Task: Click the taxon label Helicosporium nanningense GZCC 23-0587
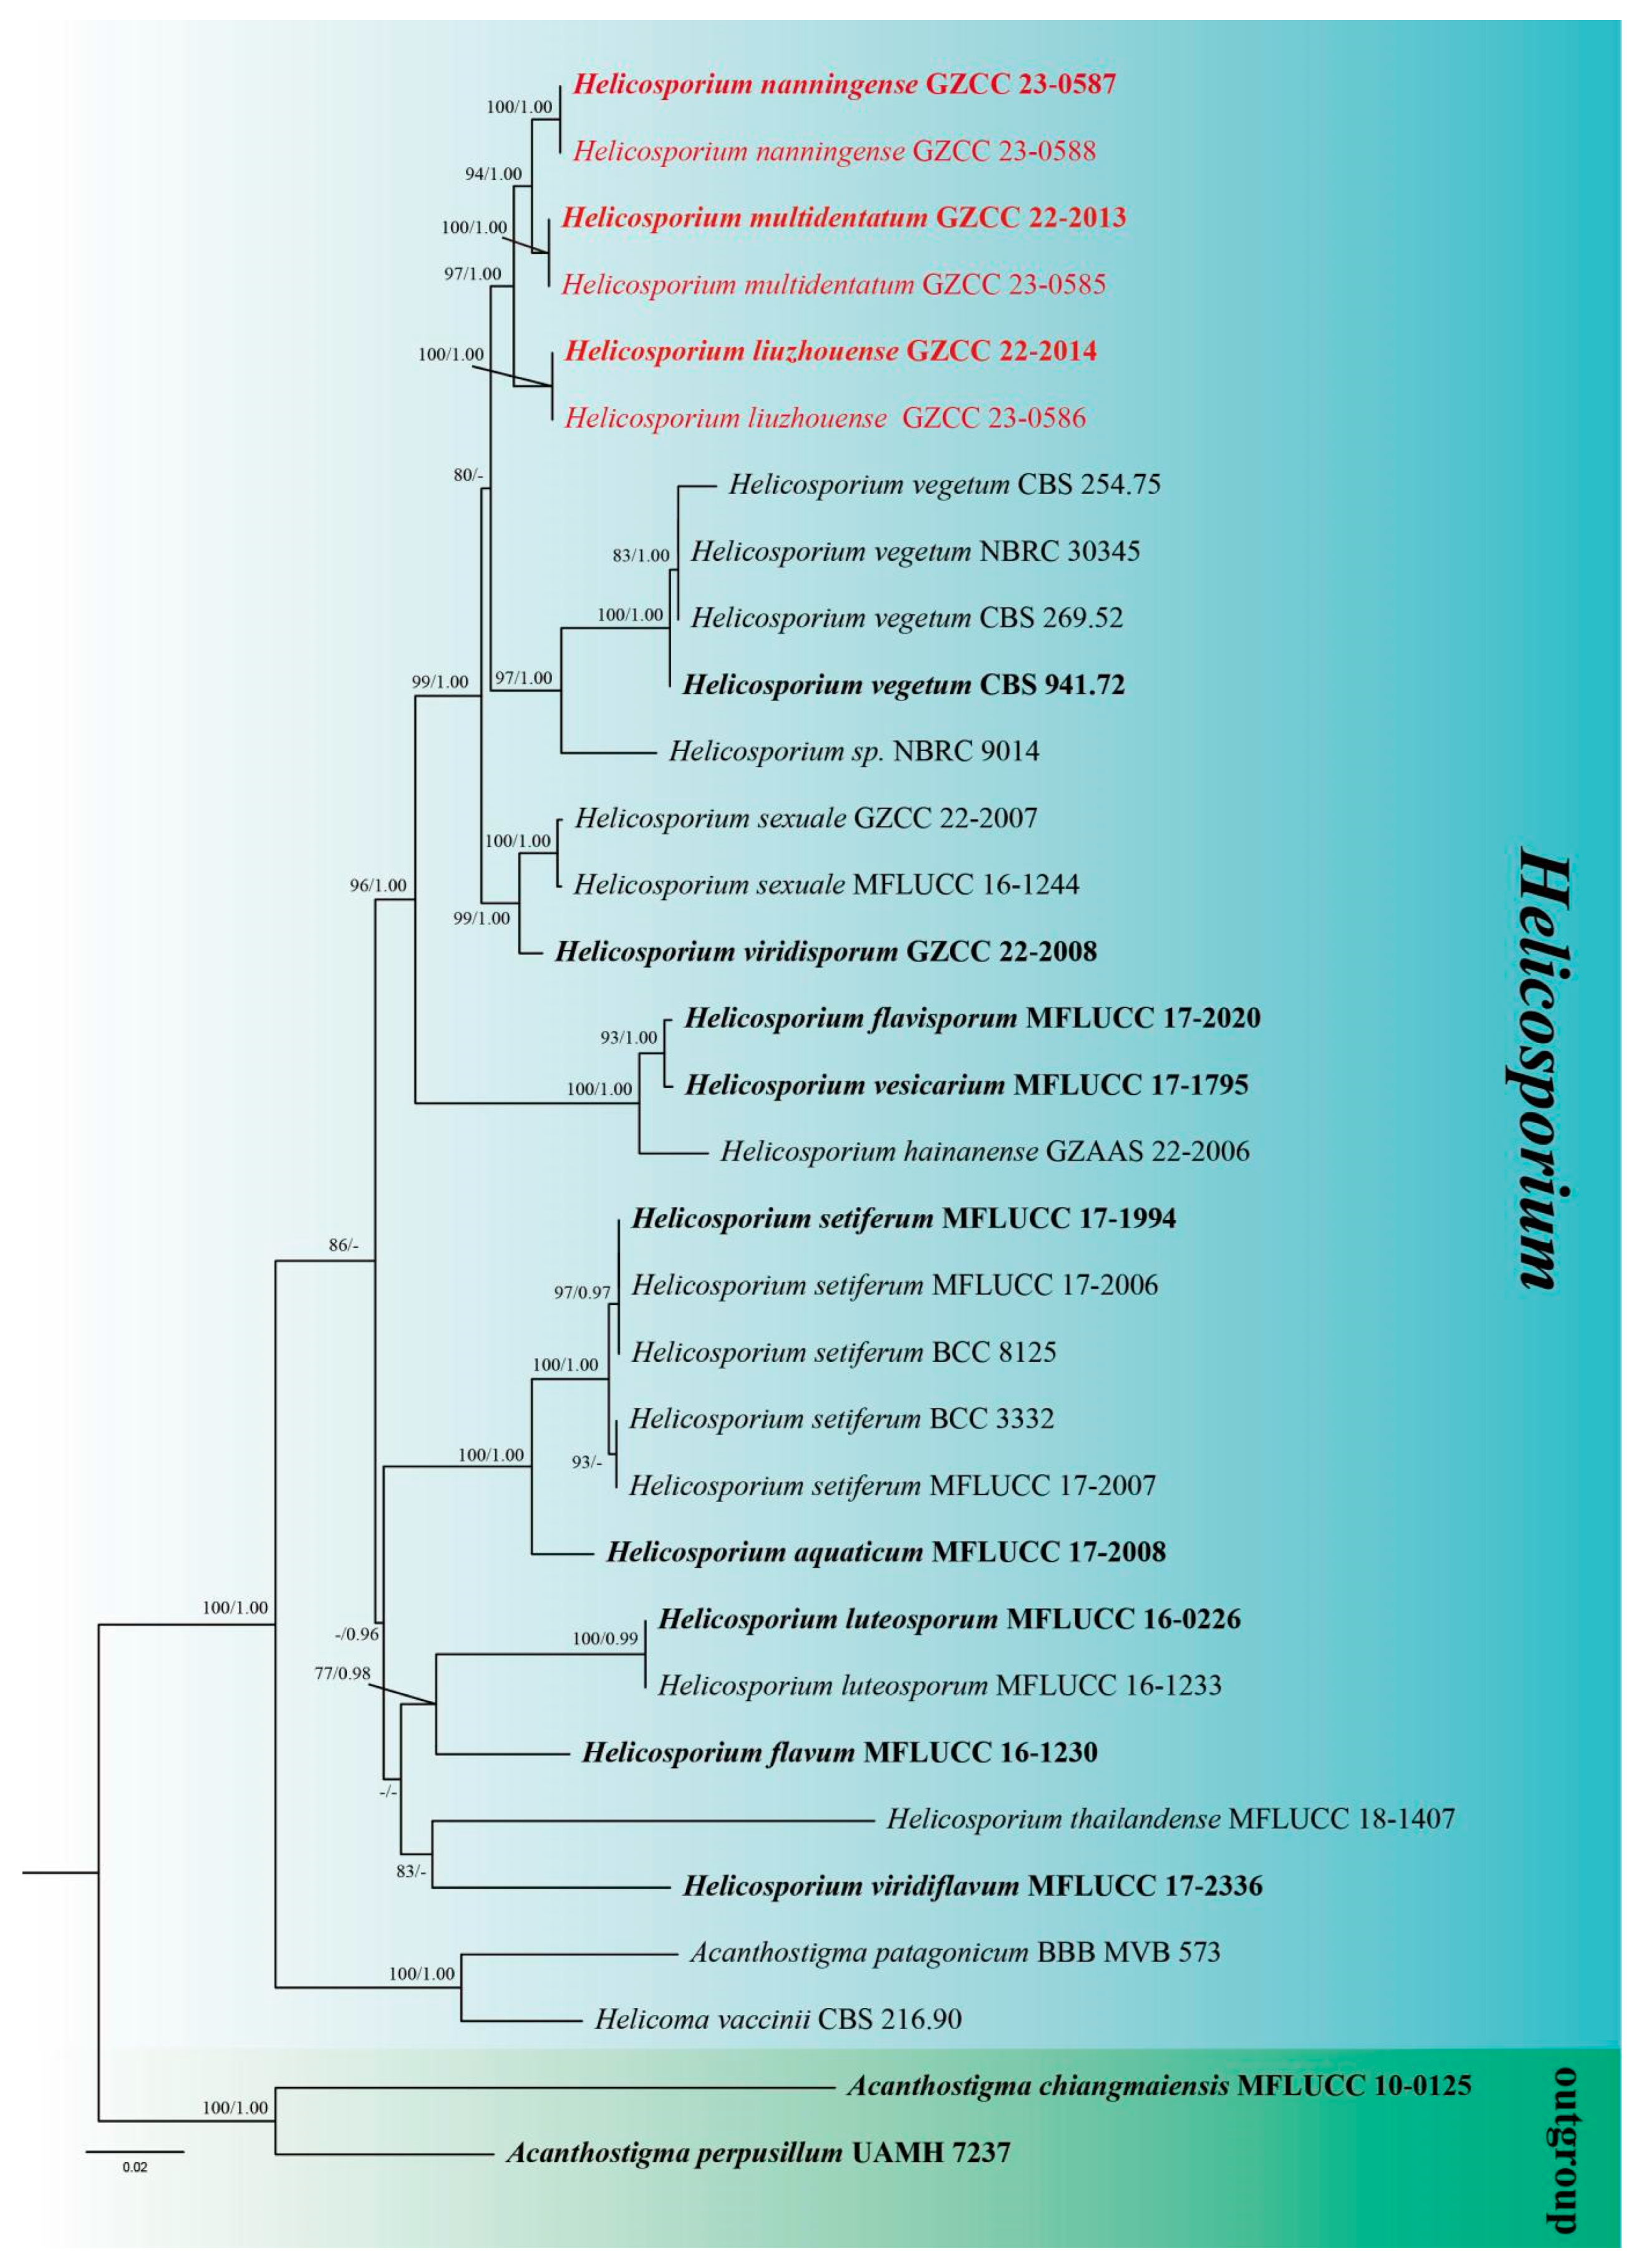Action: [844, 84]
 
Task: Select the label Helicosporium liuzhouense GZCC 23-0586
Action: [825, 417]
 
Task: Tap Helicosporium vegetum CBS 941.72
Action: [903, 685]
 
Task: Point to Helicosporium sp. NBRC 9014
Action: [854, 751]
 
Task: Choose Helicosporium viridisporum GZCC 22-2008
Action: [826, 952]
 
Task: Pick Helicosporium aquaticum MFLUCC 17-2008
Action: [886, 1552]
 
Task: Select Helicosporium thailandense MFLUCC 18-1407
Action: [1171, 1818]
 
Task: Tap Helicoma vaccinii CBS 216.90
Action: [778, 2019]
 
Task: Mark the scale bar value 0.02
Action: [135, 2167]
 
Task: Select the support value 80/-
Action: [467, 475]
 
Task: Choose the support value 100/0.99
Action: [604, 1638]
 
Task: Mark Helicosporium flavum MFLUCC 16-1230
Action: [840, 1753]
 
